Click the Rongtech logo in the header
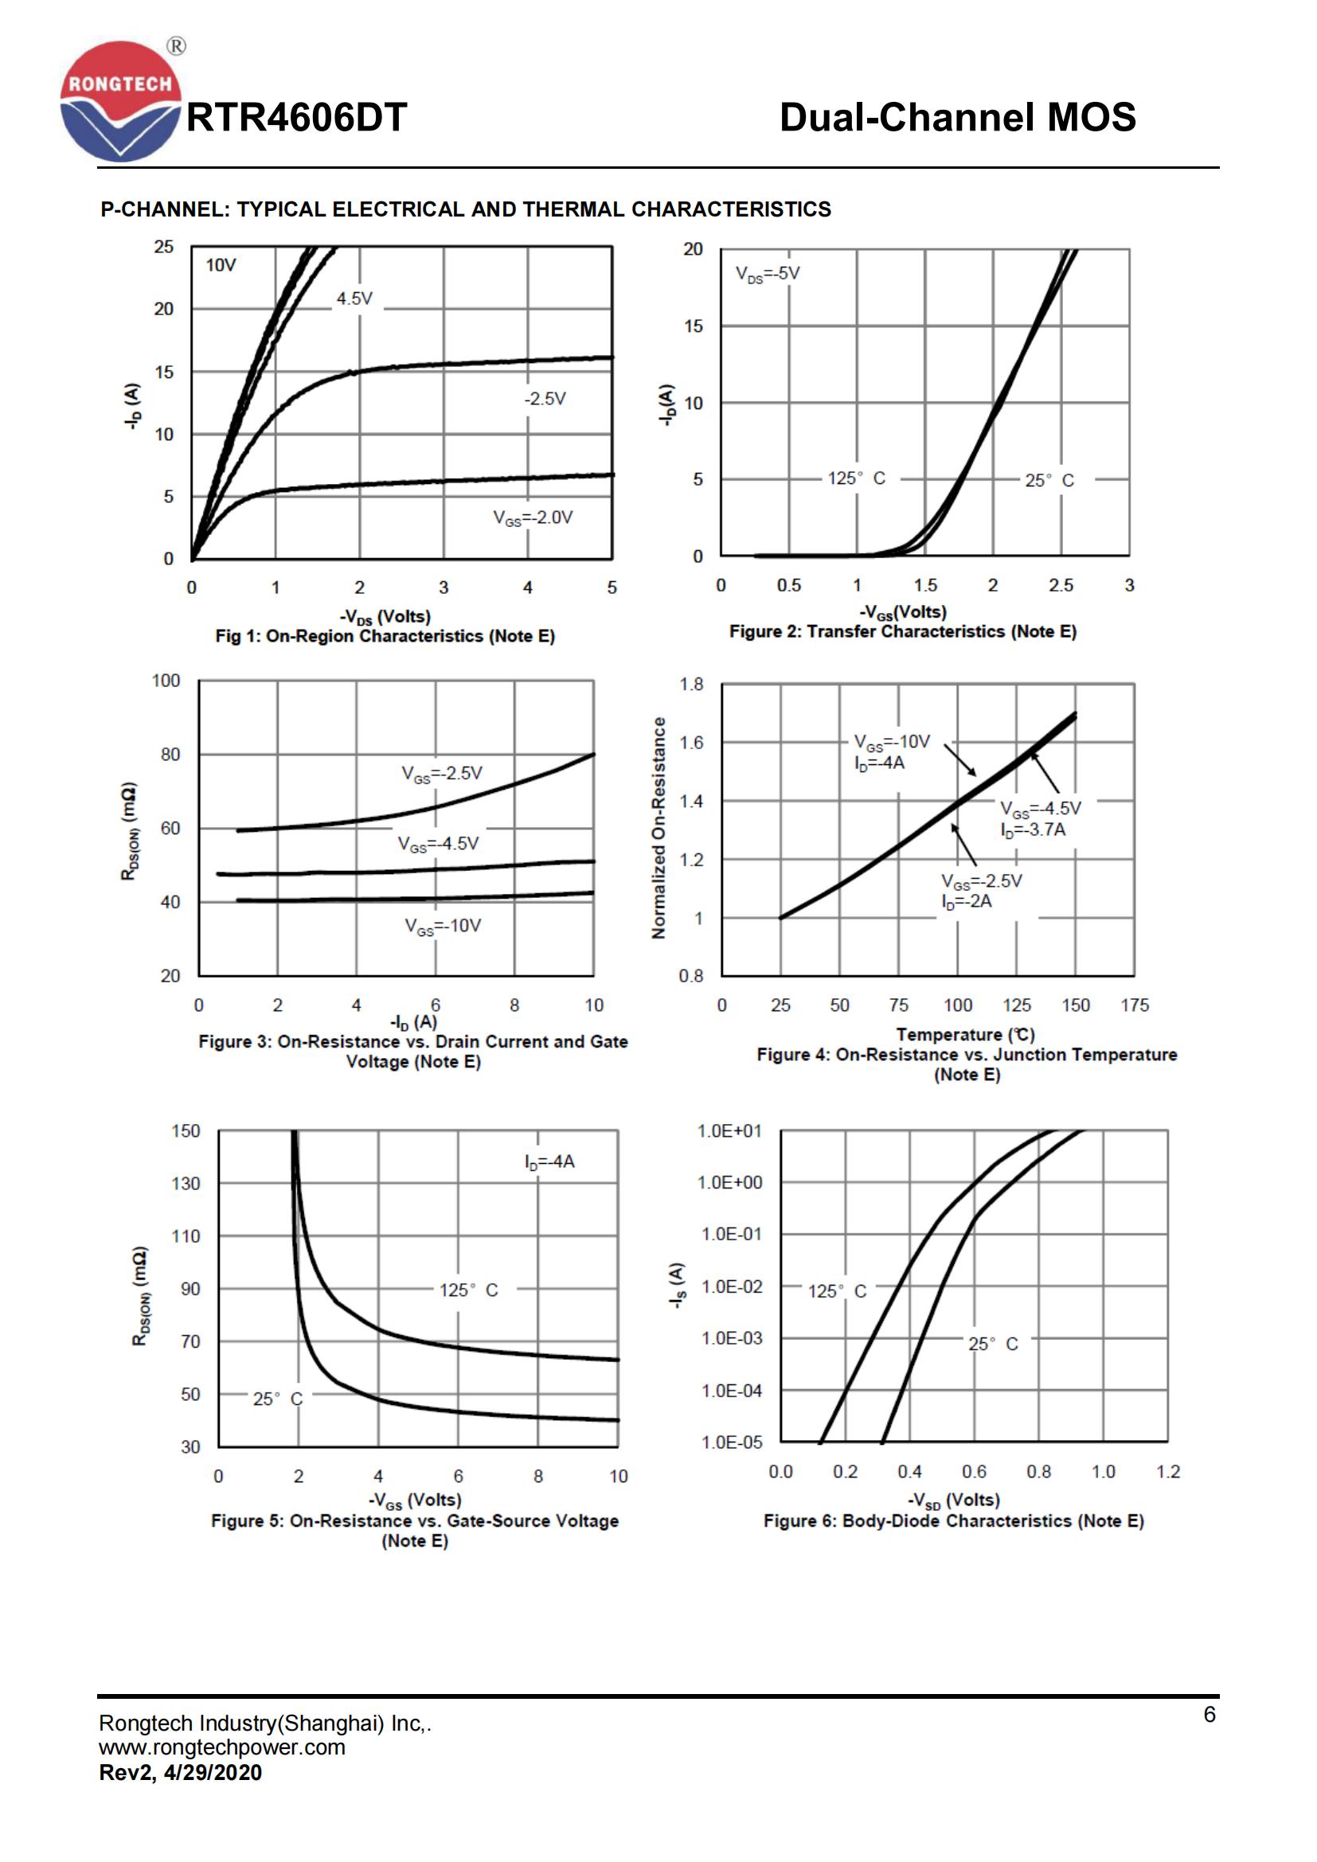click(120, 101)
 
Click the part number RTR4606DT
click(297, 119)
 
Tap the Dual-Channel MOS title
click(957, 118)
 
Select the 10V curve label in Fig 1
click(220, 265)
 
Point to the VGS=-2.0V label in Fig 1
click(533, 517)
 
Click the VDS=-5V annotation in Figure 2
click(767, 273)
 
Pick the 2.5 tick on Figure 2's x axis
click(1061, 586)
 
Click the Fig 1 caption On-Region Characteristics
click(385, 636)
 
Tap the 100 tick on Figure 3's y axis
click(166, 681)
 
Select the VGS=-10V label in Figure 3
click(443, 925)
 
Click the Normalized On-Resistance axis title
click(658, 828)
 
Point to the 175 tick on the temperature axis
click(1135, 1005)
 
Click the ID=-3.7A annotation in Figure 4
click(1034, 830)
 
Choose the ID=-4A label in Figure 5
click(549, 1162)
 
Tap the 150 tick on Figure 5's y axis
click(185, 1131)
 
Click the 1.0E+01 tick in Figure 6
click(730, 1131)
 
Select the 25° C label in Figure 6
click(993, 1344)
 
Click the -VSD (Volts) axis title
click(954, 1500)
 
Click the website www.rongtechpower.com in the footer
click(222, 1747)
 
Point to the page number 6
click(1210, 1715)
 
